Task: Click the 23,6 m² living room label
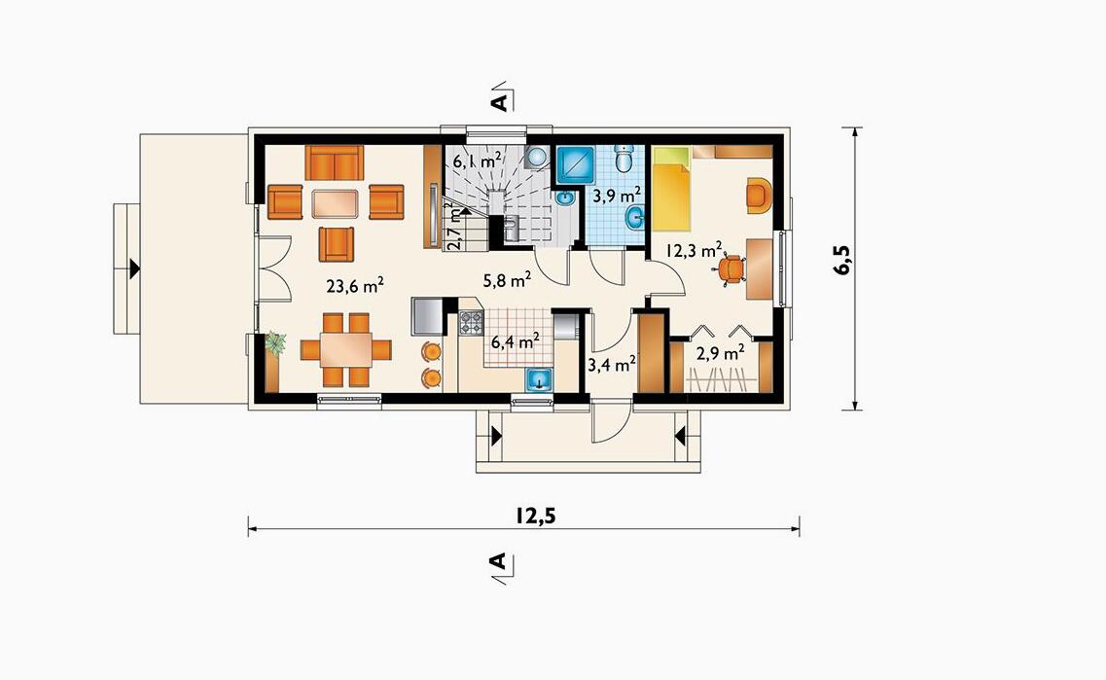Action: pos(355,285)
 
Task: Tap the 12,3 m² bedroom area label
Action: pos(695,249)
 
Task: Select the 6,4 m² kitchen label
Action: pos(516,341)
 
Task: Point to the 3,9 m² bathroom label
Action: pos(617,196)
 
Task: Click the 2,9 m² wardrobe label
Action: pos(721,353)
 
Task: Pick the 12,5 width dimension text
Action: pos(535,515)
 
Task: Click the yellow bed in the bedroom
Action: pos(670,189)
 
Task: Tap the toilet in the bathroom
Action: pos(624,159)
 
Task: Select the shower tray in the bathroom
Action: pos(576,165)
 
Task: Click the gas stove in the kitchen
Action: pos(471,322)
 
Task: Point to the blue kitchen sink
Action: pos(540,379)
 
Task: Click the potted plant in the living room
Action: pos(274,342)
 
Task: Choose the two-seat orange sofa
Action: pos(335,162)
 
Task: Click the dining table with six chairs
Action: pos(345,350)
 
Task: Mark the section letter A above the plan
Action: pos(498,102)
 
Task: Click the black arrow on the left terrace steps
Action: pos(134,268)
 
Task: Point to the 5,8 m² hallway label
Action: pos(507,281)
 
